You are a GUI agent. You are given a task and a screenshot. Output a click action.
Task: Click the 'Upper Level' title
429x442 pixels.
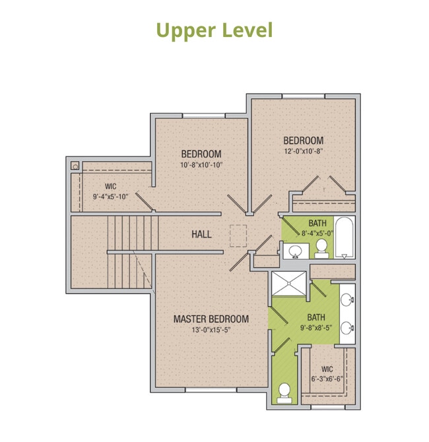(x=214, y=30)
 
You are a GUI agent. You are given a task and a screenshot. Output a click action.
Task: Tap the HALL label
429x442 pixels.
(x=201, y=234)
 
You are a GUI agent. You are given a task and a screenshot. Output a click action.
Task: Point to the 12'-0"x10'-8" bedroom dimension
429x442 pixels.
(x=303, y=150)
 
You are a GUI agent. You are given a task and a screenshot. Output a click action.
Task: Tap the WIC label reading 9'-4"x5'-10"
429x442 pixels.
(x=110, y=196)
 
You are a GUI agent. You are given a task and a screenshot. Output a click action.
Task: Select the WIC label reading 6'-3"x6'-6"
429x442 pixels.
(x=327, y=379)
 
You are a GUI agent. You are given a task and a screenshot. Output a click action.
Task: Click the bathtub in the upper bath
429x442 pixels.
(x=343, y=238)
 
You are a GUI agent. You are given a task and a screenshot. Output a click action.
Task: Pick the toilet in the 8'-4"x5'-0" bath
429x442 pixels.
(x=321, y=247)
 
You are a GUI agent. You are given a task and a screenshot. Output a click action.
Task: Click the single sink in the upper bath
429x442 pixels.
(x=296, y=251)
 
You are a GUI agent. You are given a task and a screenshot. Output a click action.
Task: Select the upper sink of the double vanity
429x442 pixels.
(x=348, y=300)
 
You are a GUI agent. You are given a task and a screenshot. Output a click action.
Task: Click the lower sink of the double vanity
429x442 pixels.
(x=348, y=327)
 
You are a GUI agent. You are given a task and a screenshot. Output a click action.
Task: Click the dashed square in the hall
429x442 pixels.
(x=238, y=235)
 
